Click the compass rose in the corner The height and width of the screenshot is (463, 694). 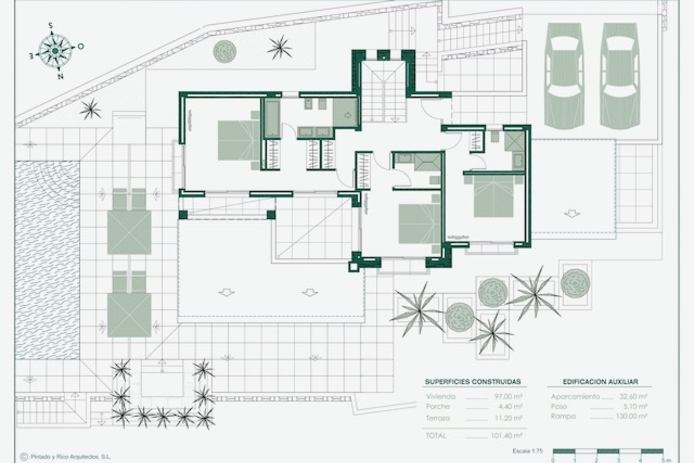tap(55, 51)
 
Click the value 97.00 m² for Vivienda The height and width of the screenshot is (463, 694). tap(508, 397)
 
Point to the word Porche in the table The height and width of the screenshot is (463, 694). tap(437, 407)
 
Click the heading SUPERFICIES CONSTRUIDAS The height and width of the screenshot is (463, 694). tap(473, 382)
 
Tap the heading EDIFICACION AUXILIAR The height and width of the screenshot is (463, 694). tap(600, 382)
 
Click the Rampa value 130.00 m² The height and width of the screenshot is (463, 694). tap(631, 416)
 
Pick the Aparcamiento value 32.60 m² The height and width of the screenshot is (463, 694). tap(633, 397)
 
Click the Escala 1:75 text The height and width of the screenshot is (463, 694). tap(527, 451)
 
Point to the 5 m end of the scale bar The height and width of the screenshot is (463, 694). tap(663, 460)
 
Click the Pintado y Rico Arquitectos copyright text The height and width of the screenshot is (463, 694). tap(69, 457)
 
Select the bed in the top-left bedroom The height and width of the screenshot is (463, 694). tap(239, 140)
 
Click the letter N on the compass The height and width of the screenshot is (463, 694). tap(61, 76)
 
